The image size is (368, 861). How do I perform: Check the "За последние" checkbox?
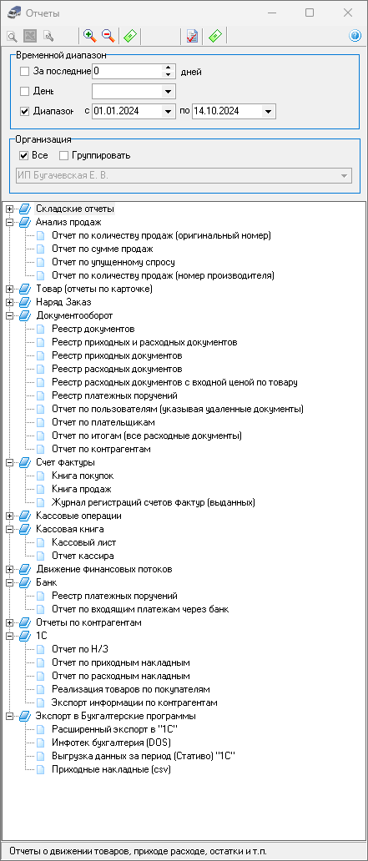coord(24,72)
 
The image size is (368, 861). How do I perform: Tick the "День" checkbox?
coord(24,91)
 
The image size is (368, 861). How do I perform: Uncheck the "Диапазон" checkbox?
coord(24,111)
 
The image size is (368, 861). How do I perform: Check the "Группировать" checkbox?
coord(63,155)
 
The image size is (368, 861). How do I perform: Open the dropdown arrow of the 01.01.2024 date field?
coord(168,111)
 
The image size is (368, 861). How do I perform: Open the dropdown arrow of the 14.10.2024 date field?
coord(268,111)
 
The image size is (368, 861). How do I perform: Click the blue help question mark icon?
coord(355,36)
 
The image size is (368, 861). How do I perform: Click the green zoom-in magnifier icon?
coord(89,36)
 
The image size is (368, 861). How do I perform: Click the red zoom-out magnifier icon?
coord(108,36)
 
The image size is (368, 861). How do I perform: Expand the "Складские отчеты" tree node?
coord(9,209)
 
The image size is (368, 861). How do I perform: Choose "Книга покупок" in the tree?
coord(83,476)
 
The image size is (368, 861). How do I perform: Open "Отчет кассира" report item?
coord(83,556)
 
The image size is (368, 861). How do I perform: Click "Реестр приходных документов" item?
coord(117,355)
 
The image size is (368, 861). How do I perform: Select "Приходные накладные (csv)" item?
coord(111,770)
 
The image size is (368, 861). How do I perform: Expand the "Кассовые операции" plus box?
coord(9,516)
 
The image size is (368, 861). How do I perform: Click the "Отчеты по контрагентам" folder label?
coord(88,622)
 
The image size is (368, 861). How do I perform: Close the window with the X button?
coord(347,13)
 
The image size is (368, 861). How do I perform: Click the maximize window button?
coord(310,13)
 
